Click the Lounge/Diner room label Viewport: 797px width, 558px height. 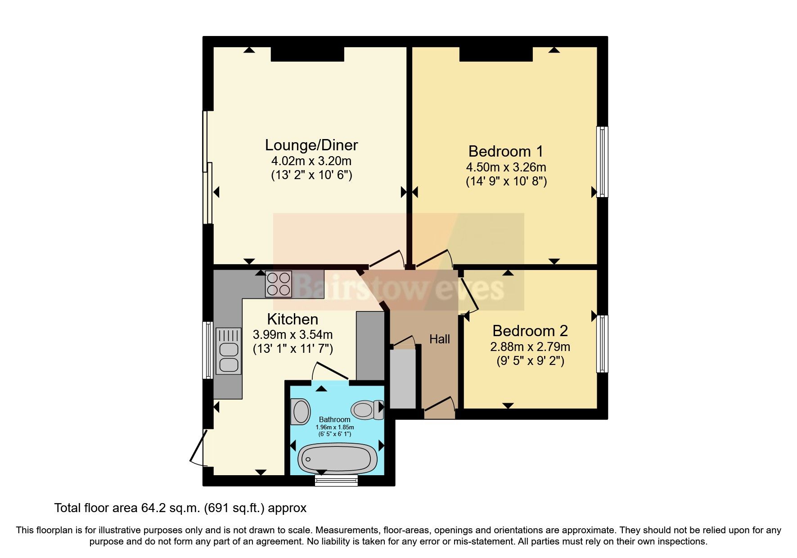[311, 145]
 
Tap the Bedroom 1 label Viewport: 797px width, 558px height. [506, 151]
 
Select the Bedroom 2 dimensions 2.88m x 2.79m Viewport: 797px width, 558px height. [530, 347]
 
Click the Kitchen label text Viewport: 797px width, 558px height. [293, 319]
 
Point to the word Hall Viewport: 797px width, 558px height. [439, 339]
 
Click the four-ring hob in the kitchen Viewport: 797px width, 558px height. [279, 283]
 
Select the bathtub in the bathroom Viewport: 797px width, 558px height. [338, 458]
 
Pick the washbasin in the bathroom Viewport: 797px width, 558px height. [300, 411]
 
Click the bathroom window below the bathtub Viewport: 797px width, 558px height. [336, 480]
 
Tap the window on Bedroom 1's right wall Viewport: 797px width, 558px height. [602, 162]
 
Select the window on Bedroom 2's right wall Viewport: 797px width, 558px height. [602, 344]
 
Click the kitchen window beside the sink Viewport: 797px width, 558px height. [207, 350]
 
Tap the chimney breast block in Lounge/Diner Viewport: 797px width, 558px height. [307, 54]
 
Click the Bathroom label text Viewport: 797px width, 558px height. [334, 419]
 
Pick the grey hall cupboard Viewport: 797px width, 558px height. [402, 378]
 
